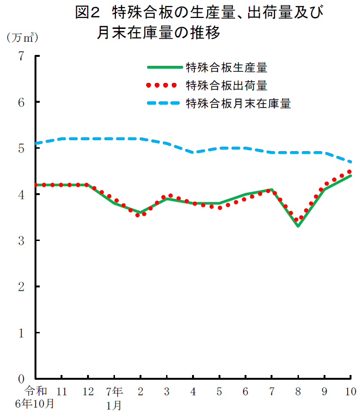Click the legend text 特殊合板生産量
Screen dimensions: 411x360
227,68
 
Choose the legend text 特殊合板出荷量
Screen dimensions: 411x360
227,86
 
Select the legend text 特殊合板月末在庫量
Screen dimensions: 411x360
238,103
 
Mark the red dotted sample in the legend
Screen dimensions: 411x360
162,86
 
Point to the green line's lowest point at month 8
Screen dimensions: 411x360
298,226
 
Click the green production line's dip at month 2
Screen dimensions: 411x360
140,212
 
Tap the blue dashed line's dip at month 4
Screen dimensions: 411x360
193,152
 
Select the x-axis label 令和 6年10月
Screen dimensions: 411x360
35,397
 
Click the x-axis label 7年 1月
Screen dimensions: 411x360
114,397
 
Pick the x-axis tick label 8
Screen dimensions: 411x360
298,392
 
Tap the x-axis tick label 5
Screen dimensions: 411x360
220,392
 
